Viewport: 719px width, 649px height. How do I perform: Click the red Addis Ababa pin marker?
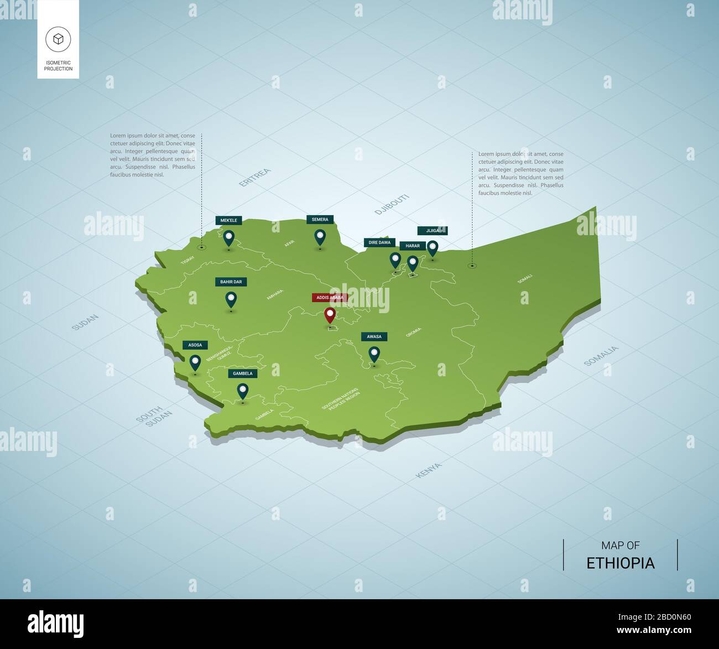330,315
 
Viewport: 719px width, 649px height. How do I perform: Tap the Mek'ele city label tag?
229,220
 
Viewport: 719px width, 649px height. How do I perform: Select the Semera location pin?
320,237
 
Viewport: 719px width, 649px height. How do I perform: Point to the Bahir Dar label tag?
231,282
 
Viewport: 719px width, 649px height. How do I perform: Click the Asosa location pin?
195,362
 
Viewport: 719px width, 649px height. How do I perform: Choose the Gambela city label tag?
243,373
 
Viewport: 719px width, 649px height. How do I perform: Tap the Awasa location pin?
374,354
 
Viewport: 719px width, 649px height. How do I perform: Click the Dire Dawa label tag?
379,242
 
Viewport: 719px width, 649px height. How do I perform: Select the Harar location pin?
413,263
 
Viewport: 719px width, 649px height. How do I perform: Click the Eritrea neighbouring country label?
255,178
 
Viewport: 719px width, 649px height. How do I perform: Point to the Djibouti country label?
392,204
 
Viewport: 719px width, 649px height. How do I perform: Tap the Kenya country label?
429,470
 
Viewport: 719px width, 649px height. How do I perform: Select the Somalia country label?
601,356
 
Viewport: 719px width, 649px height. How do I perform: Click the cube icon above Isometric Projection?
58,39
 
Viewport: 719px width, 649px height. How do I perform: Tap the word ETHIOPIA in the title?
620,563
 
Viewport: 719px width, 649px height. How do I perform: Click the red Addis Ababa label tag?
330,298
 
